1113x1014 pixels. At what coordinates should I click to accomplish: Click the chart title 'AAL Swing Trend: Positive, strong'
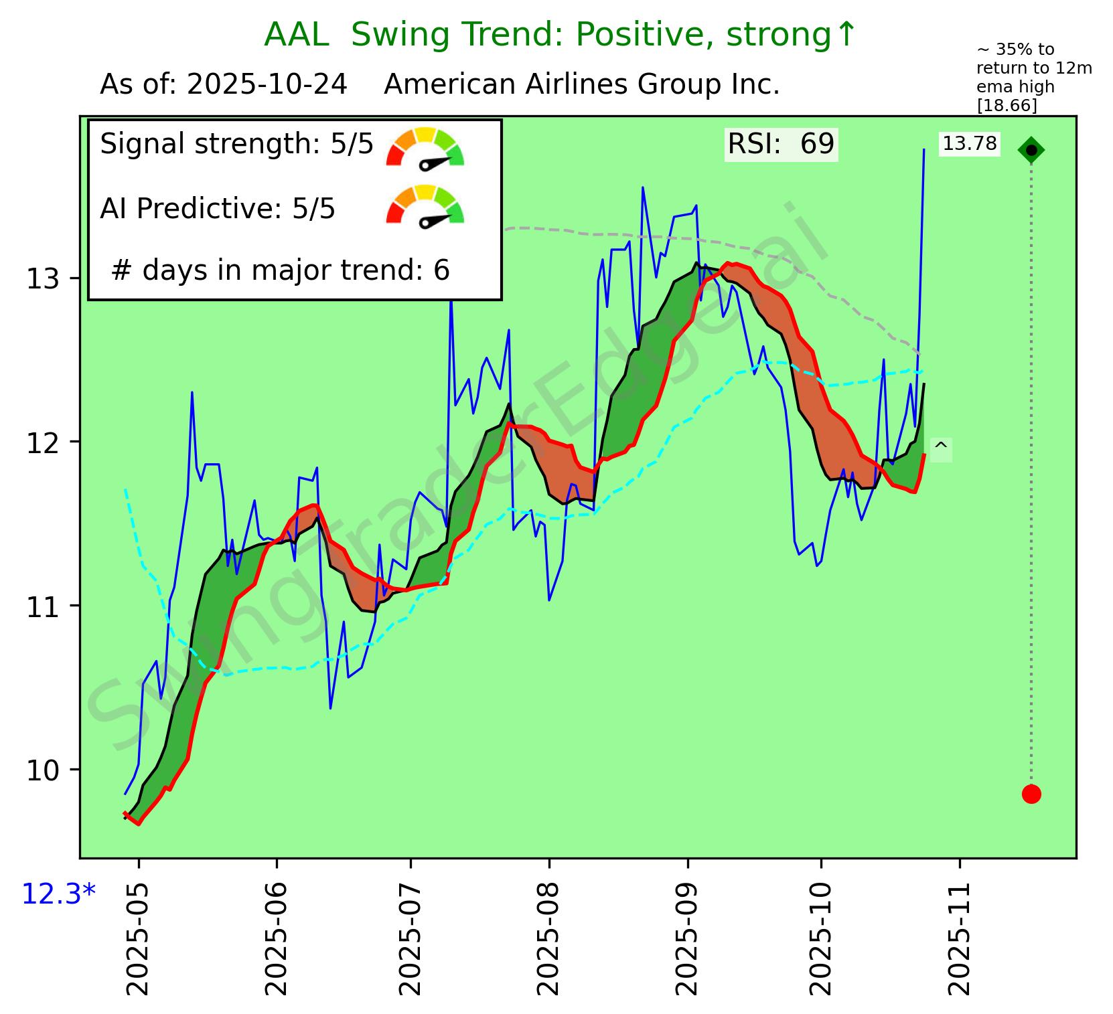point(560,35)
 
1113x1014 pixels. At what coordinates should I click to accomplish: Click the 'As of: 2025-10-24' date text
point(223,85)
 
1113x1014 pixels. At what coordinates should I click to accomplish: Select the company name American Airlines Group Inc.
point(581,85)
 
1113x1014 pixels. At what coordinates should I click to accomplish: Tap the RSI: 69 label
point(781,144)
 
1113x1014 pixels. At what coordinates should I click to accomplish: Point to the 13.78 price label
point(970,143)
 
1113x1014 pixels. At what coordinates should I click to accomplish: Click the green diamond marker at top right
point(1031,150)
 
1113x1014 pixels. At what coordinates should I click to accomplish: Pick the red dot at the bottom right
point(1031,794)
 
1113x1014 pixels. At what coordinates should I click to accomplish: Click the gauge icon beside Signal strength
point(425,147)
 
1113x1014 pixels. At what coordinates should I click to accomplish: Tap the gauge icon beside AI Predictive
point(425,205)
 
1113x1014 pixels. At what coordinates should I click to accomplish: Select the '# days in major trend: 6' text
point(280,270)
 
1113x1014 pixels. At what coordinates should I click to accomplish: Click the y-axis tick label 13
point(43,278)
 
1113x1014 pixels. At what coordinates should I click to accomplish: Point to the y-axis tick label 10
point(43,770)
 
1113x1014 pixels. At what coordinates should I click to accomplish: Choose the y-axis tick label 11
point(43,606)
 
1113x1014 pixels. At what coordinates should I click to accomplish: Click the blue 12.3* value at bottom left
point(59,893)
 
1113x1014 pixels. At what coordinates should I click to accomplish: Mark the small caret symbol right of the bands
point(940,448)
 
